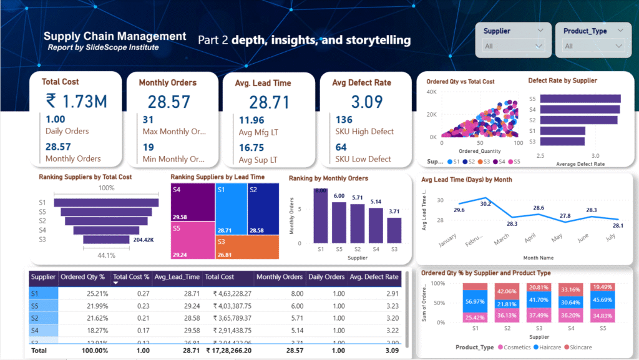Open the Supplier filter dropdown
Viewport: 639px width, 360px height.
[514, 46]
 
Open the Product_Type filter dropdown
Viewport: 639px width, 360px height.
[593, 46]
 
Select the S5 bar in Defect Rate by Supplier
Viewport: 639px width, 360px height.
[580, 99]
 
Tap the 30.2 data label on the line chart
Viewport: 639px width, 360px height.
[485, 203]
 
